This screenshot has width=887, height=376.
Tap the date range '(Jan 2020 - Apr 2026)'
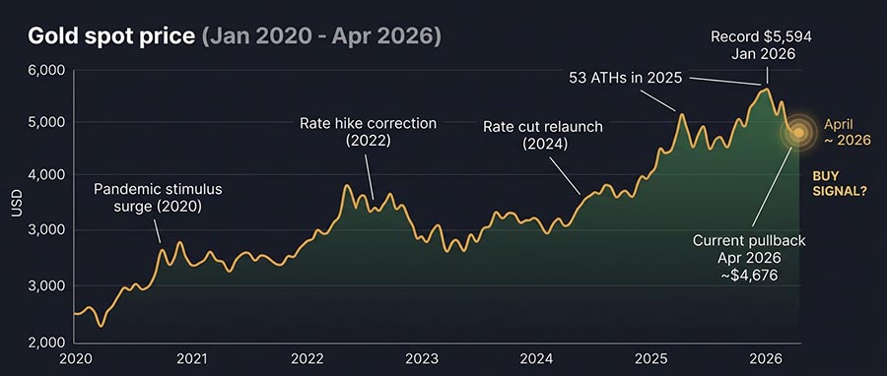pos(321,37)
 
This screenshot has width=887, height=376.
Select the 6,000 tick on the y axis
pos(46,71)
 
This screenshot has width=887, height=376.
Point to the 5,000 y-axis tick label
pos(46,123)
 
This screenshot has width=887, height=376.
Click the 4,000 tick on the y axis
pos(46,175)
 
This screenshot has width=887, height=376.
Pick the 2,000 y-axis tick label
pos(46,343)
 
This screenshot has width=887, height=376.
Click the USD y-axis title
pos(16,204)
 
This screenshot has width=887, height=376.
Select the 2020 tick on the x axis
pos(75,358)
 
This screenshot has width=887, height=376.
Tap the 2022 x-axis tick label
pos(307,358)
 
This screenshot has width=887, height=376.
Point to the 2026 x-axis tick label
pos(767,358)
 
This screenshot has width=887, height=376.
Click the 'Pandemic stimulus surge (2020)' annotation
pos(159,197)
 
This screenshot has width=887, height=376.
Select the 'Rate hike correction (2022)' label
pos(368,132)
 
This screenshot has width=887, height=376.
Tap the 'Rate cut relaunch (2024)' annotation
pos(542,136)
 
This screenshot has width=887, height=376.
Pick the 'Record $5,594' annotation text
pos(761,37)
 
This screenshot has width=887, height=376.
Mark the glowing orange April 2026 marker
pos(799,131)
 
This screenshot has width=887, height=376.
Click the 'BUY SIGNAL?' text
pos(839,183)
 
